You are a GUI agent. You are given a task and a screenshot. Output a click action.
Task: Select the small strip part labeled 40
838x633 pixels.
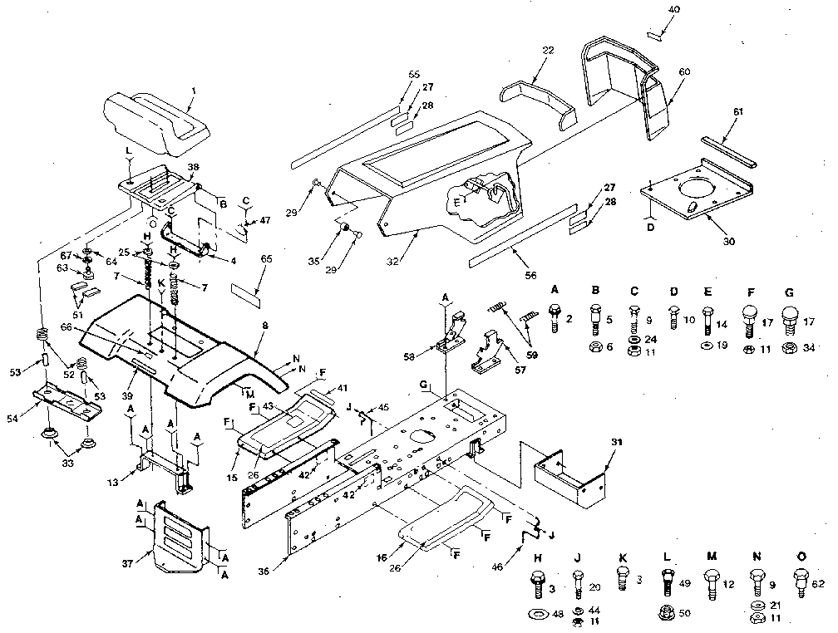[654, 35]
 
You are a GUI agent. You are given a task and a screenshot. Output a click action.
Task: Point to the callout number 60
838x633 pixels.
[683, 72]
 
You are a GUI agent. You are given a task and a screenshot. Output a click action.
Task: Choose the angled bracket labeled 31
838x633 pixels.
[574, 478]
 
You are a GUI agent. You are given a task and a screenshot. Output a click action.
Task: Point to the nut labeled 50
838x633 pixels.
[667, 614]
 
